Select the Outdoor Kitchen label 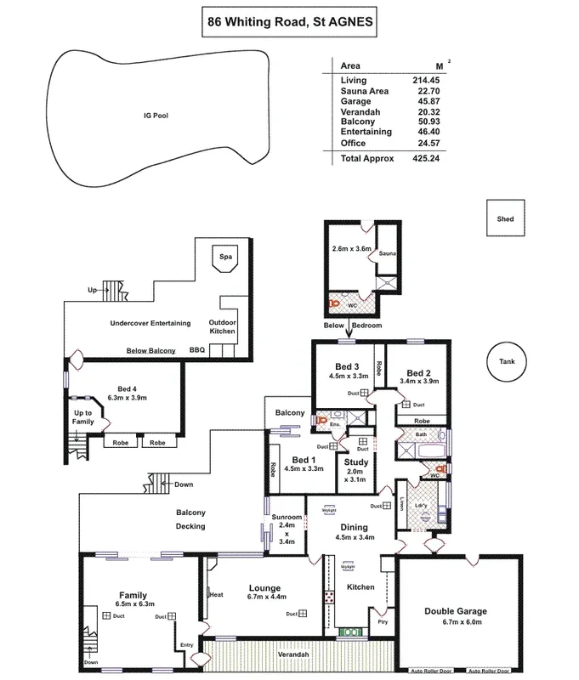(x=223, y=327)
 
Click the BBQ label (x=197, y=350)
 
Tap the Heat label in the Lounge (x=217, y=595)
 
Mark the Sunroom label (x=287, y=517)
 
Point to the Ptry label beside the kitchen (x=384, y=621)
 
